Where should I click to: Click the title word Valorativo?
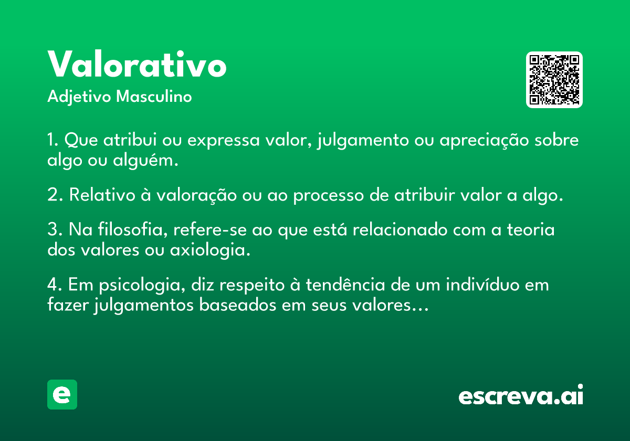coord(137,64)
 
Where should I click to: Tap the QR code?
coord(554,80)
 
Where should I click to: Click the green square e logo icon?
coord(62,394)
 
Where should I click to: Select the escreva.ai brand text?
coord(521,395)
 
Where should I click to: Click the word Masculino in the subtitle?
coord(154,97)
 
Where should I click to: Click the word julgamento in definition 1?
coord(363,140)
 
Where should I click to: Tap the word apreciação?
coord(484,141)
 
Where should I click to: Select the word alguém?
coord(145,161)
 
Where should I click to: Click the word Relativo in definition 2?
coord(102,195)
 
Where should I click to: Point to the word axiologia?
coord(210,250)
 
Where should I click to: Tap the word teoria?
coord(531,229)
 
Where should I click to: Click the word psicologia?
coord(142,285)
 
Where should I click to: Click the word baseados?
coord(238,304)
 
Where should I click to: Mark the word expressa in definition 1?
coord(223,141)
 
